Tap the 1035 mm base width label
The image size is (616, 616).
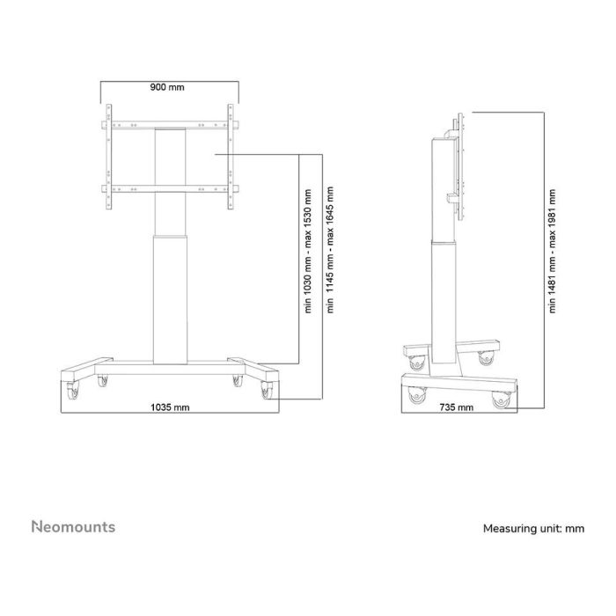coord(169,407)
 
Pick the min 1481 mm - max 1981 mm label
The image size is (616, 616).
coord(553,253)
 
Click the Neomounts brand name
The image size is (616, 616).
coord(73,527)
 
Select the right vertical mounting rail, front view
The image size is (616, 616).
coord(231,158)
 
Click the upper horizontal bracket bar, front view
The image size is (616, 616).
coord(169,124)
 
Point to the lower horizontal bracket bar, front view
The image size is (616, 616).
coord(169,187)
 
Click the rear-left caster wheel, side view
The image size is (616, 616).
coord(414,361)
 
